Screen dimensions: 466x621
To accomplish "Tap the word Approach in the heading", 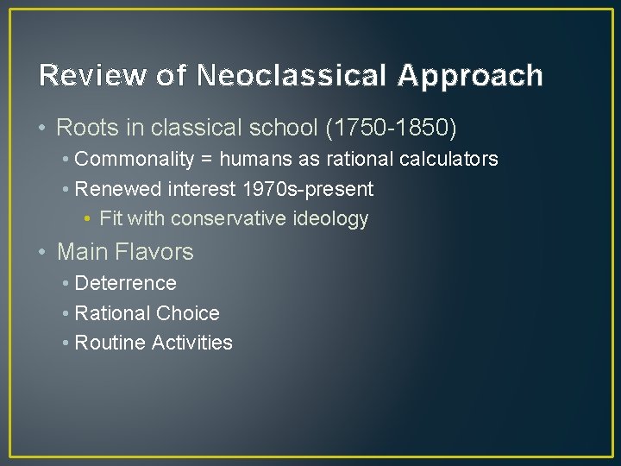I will click(470, 76).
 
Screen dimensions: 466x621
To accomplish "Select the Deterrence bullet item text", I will click(125, 283).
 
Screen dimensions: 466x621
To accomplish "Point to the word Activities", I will click(191, 343).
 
